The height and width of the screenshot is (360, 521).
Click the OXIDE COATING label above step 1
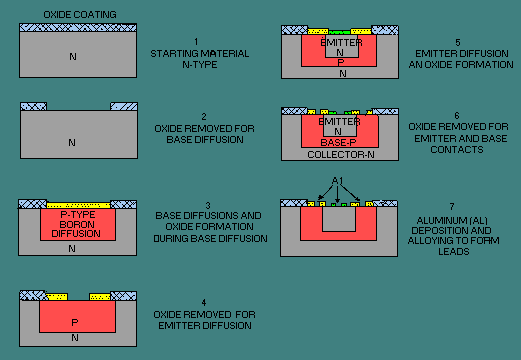tap(80, 15)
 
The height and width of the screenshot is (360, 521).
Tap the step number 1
tap(196, 42)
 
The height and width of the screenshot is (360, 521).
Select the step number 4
tap(204, 303)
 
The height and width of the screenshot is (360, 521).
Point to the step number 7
tap(452, 207)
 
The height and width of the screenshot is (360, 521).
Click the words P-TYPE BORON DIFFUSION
tap(77, 224)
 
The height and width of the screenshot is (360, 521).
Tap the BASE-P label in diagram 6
tap(338, 143)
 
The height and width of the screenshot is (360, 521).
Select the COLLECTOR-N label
tap(341, 155)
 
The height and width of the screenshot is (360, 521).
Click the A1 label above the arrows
tap(337, 181)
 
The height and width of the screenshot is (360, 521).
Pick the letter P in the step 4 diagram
tap(75, 322)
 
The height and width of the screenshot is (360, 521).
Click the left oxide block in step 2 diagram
tap(34, 107)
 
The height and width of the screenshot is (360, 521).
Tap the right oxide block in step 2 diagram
tap(124, 107)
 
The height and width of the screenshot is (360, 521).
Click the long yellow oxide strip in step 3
tap(78, 205)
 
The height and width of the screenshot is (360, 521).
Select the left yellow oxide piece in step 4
tap(57, 297)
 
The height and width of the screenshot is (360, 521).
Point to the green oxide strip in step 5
tap(339, 32)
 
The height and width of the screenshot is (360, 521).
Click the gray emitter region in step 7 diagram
tap(339, 219)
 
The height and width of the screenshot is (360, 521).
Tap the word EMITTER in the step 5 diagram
tap(341, 43)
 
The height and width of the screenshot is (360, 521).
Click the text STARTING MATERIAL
tap(199, 54)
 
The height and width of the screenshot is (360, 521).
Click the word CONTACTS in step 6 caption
tap(457, 150)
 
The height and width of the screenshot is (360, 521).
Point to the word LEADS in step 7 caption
tap(454, 252)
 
